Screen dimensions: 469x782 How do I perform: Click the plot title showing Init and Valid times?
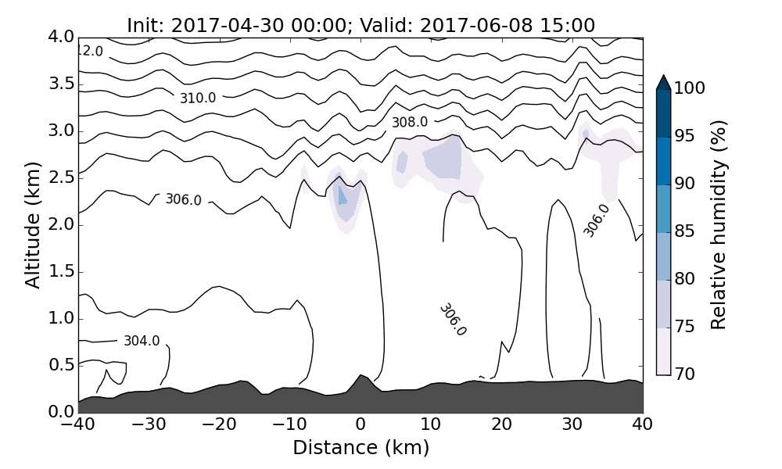(361, 25)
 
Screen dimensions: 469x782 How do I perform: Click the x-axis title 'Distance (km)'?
(361, 448)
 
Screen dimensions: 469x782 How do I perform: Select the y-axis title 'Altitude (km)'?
(33, 224)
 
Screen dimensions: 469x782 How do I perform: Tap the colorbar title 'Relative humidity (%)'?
(719, 224)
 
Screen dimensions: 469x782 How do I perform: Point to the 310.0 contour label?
(197, 98)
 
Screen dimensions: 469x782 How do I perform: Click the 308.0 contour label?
(410, 122)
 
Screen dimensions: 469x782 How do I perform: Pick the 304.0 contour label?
(142, 341)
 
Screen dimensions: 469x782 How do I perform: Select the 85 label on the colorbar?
(685, 232)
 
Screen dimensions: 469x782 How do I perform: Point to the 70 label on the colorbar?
(685, 374)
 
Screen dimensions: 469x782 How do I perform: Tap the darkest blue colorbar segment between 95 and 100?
(663, 113)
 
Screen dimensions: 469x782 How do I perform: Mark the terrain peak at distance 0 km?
(361, 377)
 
